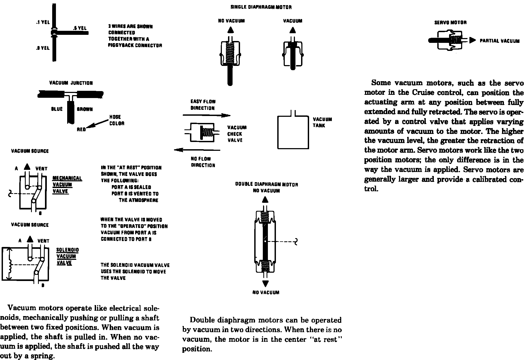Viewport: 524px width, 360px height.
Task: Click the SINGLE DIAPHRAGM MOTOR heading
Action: click(261, 7)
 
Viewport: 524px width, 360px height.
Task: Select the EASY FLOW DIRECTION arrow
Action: click(206, 115)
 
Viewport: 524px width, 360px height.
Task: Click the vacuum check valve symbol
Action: click(202, 132)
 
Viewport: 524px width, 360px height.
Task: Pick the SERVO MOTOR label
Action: click(450, 23)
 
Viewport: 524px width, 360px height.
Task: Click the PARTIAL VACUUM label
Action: click(499, 41)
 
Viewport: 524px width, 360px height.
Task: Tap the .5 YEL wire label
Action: click(80, 28)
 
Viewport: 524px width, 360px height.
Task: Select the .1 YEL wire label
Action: click(43, 22)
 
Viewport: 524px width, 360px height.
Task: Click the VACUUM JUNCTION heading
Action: click(71, 83)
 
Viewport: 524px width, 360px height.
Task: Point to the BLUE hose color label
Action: click(57, 109)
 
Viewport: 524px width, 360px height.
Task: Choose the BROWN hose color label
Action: click(85, 109)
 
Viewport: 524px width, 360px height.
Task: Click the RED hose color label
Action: click(81, 129)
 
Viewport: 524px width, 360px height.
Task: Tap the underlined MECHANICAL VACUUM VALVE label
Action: click(67, 185)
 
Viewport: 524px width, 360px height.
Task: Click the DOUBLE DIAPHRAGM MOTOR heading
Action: click(267, 185)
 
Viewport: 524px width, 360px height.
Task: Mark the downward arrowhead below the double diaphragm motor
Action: click(265, 283)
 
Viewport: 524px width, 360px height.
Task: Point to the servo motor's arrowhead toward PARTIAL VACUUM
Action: click(473, 40)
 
